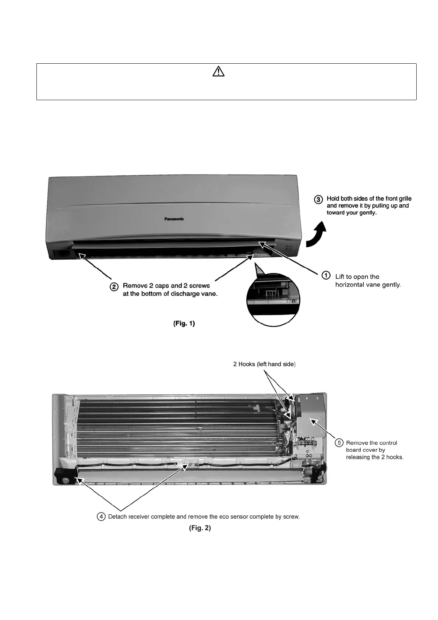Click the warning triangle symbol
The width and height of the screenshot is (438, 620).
[x=218, y=71]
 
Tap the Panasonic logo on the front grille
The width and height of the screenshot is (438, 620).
[x=174, y=219]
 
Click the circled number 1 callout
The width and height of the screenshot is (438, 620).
[x=326, y=275]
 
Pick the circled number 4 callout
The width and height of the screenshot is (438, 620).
[x=100, y=517]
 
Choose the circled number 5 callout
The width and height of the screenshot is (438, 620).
[x=339, y=443]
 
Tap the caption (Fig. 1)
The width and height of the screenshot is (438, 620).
[x=184, y=324]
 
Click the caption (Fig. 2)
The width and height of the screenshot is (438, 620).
[x=200, y=528]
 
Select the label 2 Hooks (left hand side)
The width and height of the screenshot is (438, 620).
[x=264, y=364]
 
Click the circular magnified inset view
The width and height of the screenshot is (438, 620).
[x=273, y=299]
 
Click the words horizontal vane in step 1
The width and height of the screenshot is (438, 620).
[x=355, y=285]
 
